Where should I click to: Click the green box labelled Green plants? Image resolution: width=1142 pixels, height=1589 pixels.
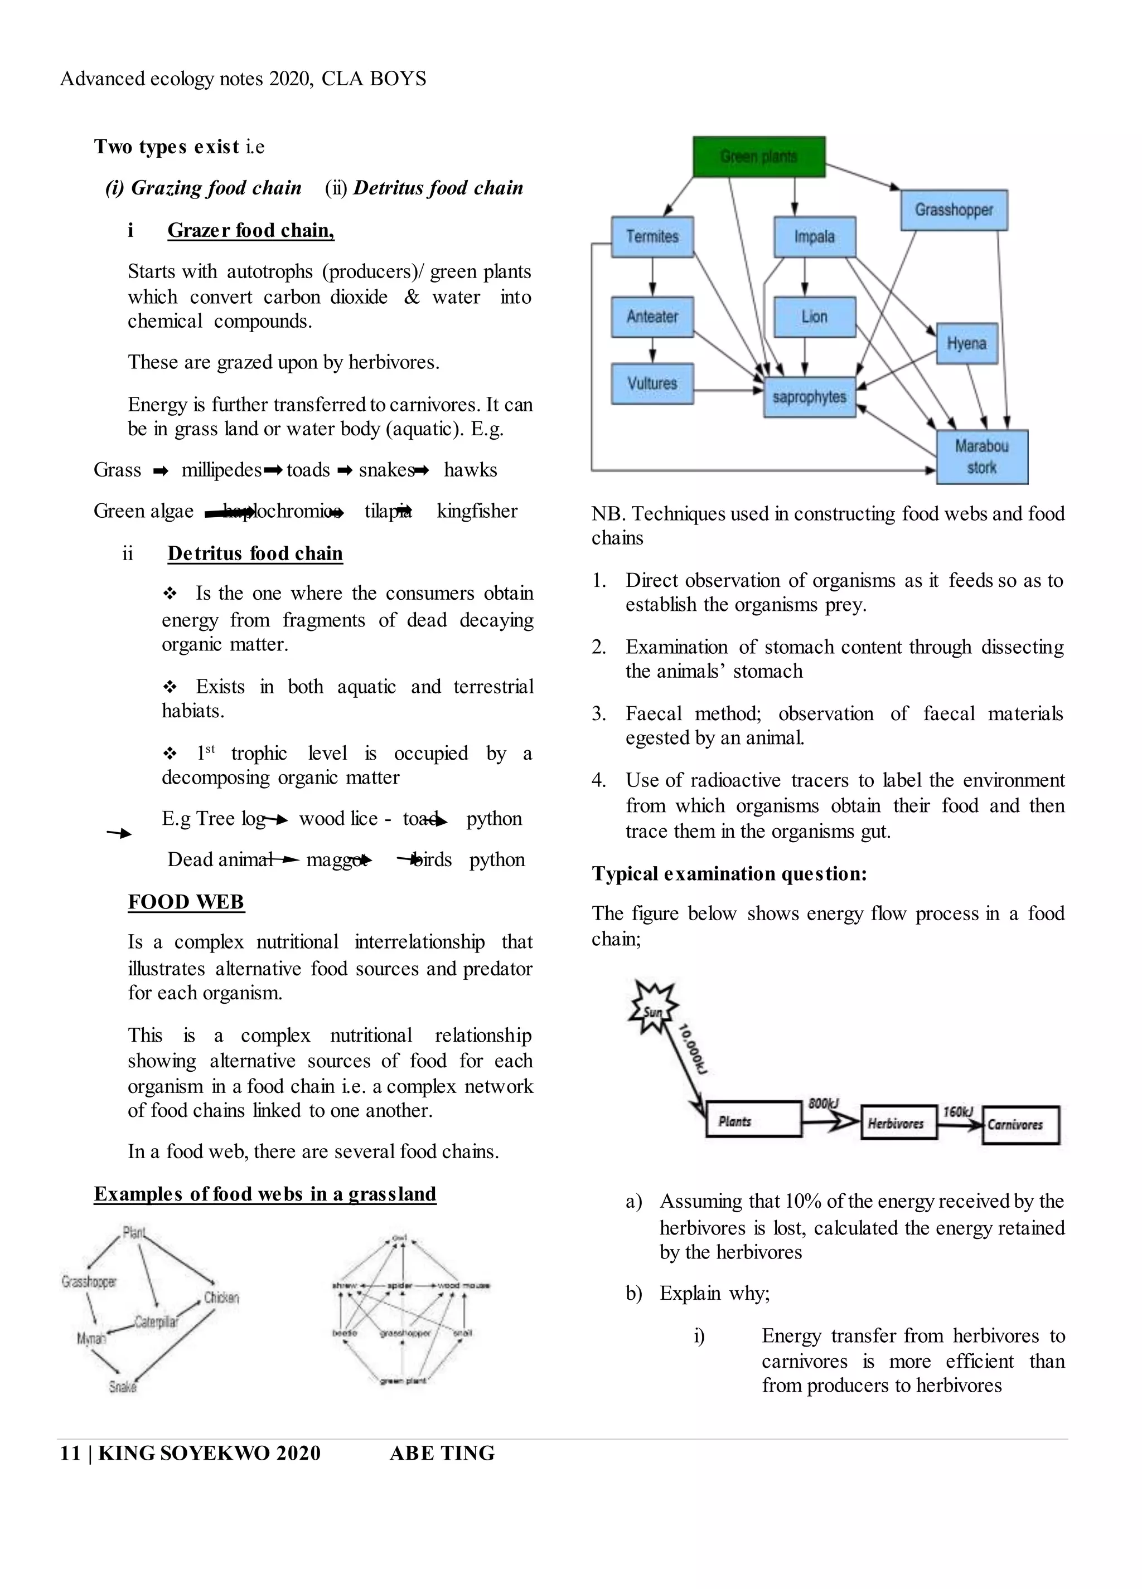coord(758,156)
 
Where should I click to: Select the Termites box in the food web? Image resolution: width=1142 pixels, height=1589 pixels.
coord(652,237)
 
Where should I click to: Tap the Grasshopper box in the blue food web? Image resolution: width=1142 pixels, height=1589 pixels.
coord(954,210)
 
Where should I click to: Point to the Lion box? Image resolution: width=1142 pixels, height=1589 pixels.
coord(815,317)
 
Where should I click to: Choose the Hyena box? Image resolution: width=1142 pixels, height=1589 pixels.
coord(967,343)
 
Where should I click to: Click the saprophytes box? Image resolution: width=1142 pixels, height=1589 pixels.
coord(809,396)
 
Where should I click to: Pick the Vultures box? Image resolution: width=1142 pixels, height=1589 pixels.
coord(652,383)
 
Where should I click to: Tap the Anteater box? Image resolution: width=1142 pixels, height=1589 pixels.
coord(652,317)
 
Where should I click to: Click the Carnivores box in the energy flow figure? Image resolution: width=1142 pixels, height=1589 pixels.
coord(1019,1125)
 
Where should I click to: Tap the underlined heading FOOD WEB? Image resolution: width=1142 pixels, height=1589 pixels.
coord(186,901)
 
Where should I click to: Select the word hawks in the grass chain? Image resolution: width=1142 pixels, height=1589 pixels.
coord(471,470)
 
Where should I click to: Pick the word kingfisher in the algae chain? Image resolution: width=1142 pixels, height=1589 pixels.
coord(477,511)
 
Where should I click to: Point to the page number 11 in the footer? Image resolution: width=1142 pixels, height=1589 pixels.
coord(70,1453)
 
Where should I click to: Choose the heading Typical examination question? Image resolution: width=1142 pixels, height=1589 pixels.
coord(729,874)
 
